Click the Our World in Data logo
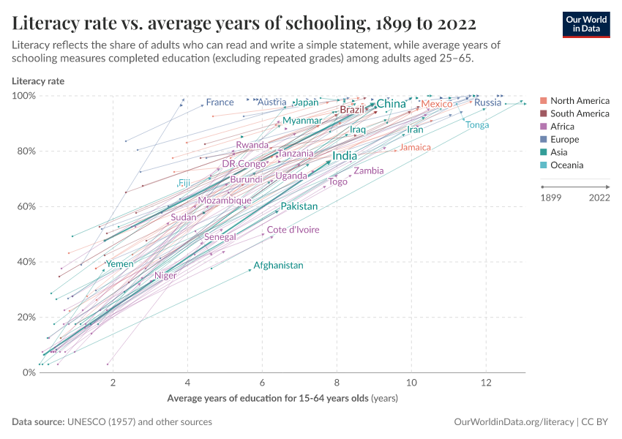point(586,24)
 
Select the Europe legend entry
point(564,139)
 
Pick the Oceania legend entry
point(566,165)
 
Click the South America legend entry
point(580,113)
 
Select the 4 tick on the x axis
point(188,384)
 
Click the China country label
point(391,104)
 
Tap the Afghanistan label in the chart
point(278,266)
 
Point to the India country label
point(345,156)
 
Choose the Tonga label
point(477,125)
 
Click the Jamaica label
point(415,148)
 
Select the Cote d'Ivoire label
point(293,230)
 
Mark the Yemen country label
point(119,264)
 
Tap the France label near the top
point(220,102)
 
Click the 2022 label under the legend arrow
point(599,198)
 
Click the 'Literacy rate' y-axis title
point(38,80)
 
